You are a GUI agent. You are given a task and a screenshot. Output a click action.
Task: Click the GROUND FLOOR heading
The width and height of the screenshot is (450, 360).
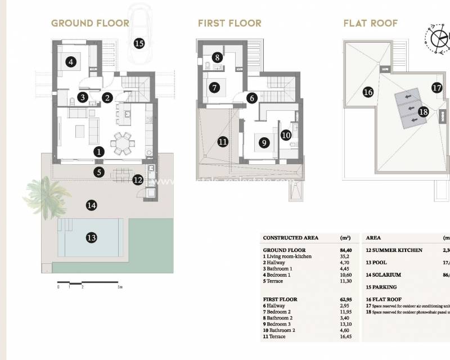pos(90,24)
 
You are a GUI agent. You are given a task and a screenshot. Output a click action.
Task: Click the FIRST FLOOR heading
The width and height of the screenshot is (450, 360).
pos(229,24)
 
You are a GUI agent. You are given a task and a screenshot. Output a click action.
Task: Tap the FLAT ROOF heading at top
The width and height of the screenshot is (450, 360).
pos(371,24)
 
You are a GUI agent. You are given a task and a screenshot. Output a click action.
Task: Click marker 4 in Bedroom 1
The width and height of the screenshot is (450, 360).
pos(71,62)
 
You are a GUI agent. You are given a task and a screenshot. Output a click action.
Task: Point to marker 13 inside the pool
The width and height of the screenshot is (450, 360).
pos(92,237)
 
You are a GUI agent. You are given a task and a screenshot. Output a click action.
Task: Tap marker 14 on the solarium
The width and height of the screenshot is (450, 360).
pos(92,205)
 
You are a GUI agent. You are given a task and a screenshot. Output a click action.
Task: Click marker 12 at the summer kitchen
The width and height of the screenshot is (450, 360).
pos(138,180)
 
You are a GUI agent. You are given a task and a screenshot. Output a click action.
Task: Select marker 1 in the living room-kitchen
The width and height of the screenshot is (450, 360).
pos(99,151)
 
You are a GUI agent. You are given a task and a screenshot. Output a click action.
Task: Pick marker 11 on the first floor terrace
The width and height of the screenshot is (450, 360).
pos(223,142)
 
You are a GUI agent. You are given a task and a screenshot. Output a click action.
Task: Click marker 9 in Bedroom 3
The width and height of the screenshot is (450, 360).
pos(263,143)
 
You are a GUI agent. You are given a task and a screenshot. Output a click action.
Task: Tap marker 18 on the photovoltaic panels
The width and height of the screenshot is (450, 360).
pos(424,112)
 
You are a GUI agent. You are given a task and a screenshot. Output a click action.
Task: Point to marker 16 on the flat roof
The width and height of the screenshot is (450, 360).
pos(368,92)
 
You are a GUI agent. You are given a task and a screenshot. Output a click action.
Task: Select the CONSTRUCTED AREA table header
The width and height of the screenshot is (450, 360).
pos(290,238)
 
